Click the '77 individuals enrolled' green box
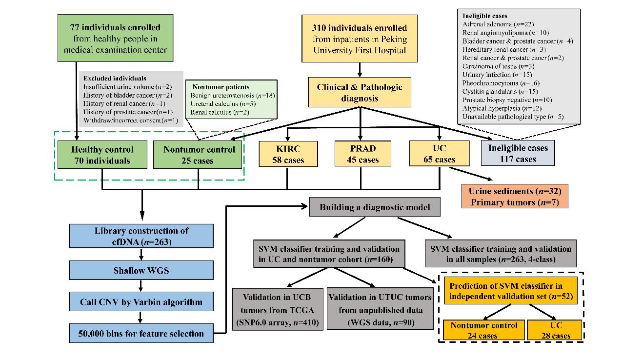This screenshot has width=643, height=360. (x=115, y=38)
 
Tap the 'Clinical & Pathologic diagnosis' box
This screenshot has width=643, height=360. (x=360, y=93)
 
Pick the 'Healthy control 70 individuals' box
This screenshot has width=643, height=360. (x=102, y=155)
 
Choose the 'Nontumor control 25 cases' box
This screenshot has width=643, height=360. (x=199, y=155)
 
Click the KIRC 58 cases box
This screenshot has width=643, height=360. (x=287, y=153)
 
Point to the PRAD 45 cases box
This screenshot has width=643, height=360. (x=361, y=153)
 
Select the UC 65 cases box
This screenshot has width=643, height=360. (x=440, y=153)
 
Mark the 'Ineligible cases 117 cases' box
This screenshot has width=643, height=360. (x=518, y=153)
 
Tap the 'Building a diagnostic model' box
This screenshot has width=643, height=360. (x=375, y=207)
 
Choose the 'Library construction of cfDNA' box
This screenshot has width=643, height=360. (x=141, y=236)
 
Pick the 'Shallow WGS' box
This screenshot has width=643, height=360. (x=141, y=270)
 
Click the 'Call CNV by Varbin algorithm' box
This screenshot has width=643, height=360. (x=141, y=302)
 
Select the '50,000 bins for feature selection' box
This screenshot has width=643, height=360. (x=141, y=334)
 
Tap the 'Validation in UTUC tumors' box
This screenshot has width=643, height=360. (x=380, y=309)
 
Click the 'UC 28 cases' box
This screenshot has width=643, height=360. (x=555, y=330)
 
